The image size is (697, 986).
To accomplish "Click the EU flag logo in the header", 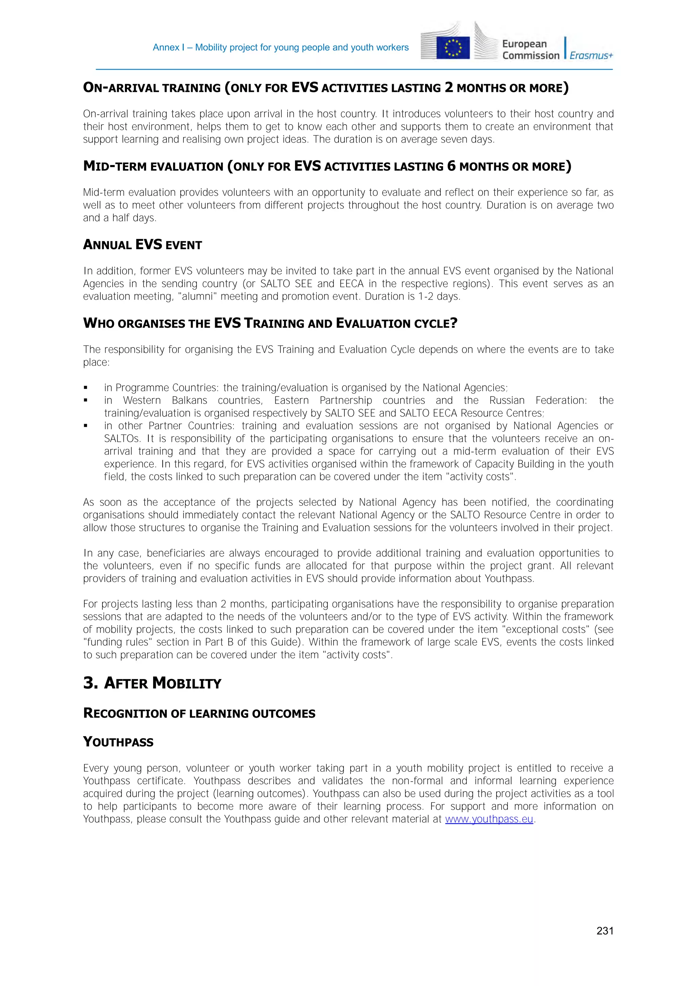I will click(453, 48).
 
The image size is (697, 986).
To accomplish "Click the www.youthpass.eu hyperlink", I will click(489, 819).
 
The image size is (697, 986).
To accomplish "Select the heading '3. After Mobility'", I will click(152, 683).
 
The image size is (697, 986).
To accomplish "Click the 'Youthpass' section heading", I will click(118, 742).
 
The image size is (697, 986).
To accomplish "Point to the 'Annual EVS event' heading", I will click(142, 245).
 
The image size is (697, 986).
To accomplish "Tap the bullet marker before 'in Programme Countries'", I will click(85, 388).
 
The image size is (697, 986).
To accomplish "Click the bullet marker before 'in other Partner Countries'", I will click(85, 426).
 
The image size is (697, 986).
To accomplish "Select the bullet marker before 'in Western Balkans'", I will click(85, 400).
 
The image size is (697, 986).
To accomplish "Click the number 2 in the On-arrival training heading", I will click(449, 87).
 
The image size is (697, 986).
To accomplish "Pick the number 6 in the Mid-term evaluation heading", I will click(451, 166).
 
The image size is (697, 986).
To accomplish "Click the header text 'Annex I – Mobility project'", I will click(280, 48).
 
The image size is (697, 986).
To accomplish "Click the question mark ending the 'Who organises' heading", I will click(454, 323).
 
